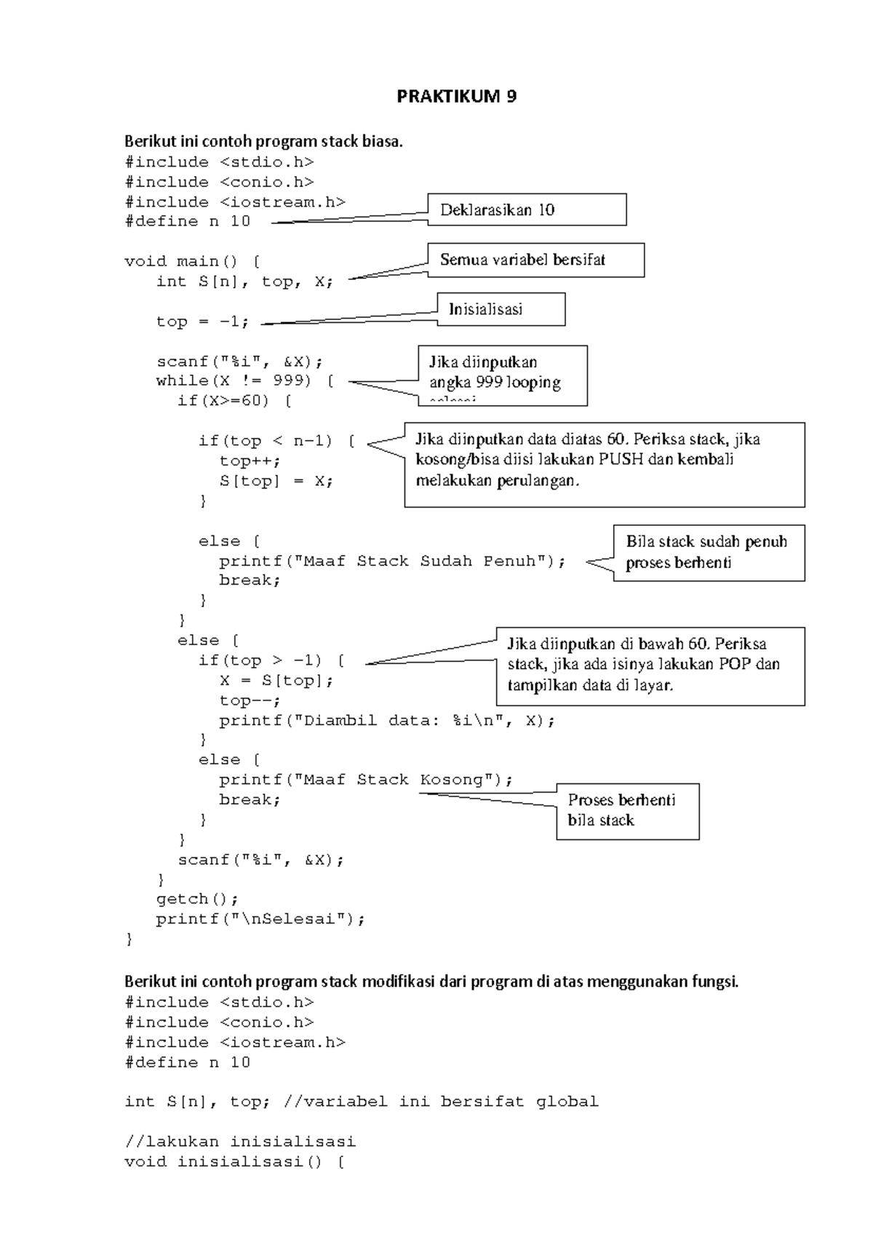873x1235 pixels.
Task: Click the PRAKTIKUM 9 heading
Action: click(456, 97)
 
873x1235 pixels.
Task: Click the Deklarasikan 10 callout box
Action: click(527, 209)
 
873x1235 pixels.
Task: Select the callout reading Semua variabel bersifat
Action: click(535, 260)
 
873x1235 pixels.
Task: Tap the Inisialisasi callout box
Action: click(501, 309)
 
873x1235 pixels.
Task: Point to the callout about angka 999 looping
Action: click(503, 376)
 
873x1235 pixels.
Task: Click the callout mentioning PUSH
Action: click(605, 465)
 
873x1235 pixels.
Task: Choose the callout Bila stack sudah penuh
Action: click(709, 553)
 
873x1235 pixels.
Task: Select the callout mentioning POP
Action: click(650, 666)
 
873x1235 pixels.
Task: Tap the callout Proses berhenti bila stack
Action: click(628, 812)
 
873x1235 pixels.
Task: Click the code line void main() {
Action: click(193, 261)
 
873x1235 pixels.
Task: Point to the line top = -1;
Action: click(202, 321)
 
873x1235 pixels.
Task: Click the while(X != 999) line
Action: click(245, 381)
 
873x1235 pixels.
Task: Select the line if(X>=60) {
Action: click(234, 401)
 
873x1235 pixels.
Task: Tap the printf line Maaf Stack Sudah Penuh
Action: click(392, 561)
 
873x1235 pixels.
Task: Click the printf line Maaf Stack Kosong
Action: click(366, 780)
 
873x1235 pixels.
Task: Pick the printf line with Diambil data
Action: click(386, 721)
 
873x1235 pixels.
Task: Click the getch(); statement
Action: click(197, 899)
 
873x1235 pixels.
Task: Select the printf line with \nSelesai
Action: click(260, 919)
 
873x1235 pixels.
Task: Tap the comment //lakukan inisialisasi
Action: click(240, 1141)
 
